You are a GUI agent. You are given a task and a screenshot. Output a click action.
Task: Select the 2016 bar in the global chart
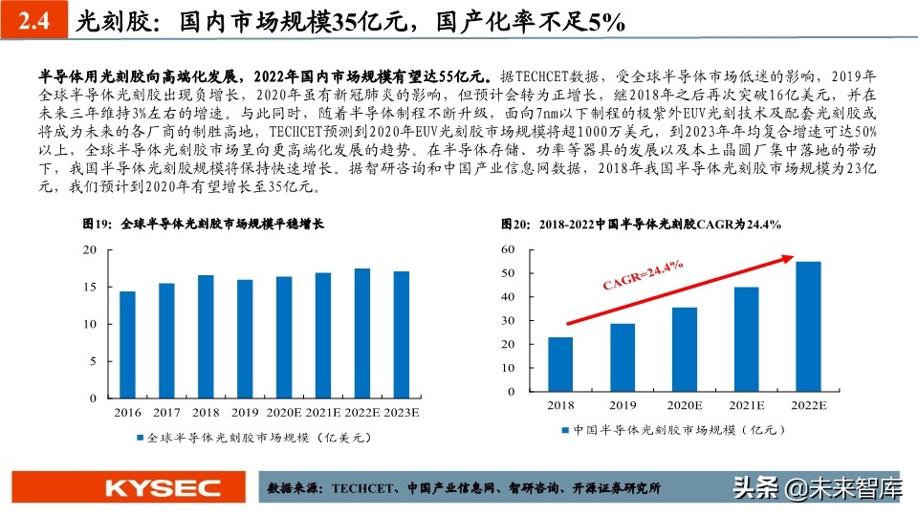tap(127, 345)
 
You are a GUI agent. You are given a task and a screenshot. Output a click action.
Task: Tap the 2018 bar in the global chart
tap(206, 336)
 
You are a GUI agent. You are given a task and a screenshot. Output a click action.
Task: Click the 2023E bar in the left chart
tap(402, 334)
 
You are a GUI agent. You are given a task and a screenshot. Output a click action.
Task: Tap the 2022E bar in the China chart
tap(807, 327)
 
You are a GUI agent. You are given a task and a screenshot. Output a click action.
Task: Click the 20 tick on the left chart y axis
tap(90, 249)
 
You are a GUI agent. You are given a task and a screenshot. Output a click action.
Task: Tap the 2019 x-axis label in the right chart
tap(623, 406)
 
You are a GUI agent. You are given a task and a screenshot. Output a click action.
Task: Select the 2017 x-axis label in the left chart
tap(166, 413)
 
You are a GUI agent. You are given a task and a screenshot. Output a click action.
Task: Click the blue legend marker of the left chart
tap(140, 438)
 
